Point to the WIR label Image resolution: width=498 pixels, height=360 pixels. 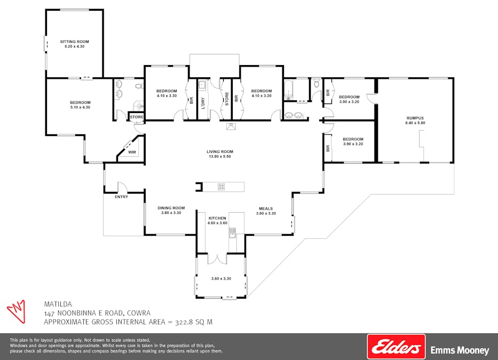coord(132,153)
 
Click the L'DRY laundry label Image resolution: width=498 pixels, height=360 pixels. coord(203,101)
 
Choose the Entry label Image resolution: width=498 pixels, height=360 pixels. coord(121,197)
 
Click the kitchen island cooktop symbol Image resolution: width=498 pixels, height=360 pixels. coord(221,187)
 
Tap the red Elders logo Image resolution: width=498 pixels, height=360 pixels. coord(396,347)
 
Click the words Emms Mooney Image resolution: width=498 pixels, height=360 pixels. coord(460,350)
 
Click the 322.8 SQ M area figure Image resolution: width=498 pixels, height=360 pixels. coord(190,322)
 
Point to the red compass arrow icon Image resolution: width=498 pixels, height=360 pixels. coord(17,310)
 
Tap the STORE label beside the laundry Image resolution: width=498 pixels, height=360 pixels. coord(227,98)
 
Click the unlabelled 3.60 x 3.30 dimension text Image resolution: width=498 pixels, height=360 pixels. coord(221,278)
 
